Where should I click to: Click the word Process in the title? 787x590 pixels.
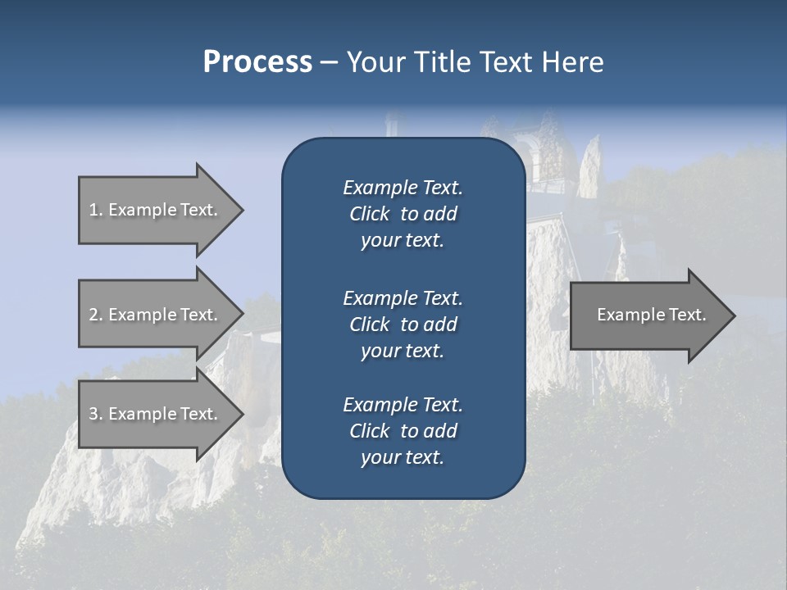click(x=257, y=62)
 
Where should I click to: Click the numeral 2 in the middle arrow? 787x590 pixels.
click(x=93, y=315)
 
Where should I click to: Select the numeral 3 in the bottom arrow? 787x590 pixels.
click(x=93, y=414)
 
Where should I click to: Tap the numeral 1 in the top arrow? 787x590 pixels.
click(x=93, y=210)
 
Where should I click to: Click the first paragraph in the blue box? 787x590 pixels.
click(x=403, y=214)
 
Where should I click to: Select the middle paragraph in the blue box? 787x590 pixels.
click(x=403, y=324)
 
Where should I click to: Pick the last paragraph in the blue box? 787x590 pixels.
click(x=403, y=431)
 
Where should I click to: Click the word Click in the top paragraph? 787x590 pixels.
click(x=369, y=214)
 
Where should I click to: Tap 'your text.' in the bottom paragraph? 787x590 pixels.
click(x=403, y=457)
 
